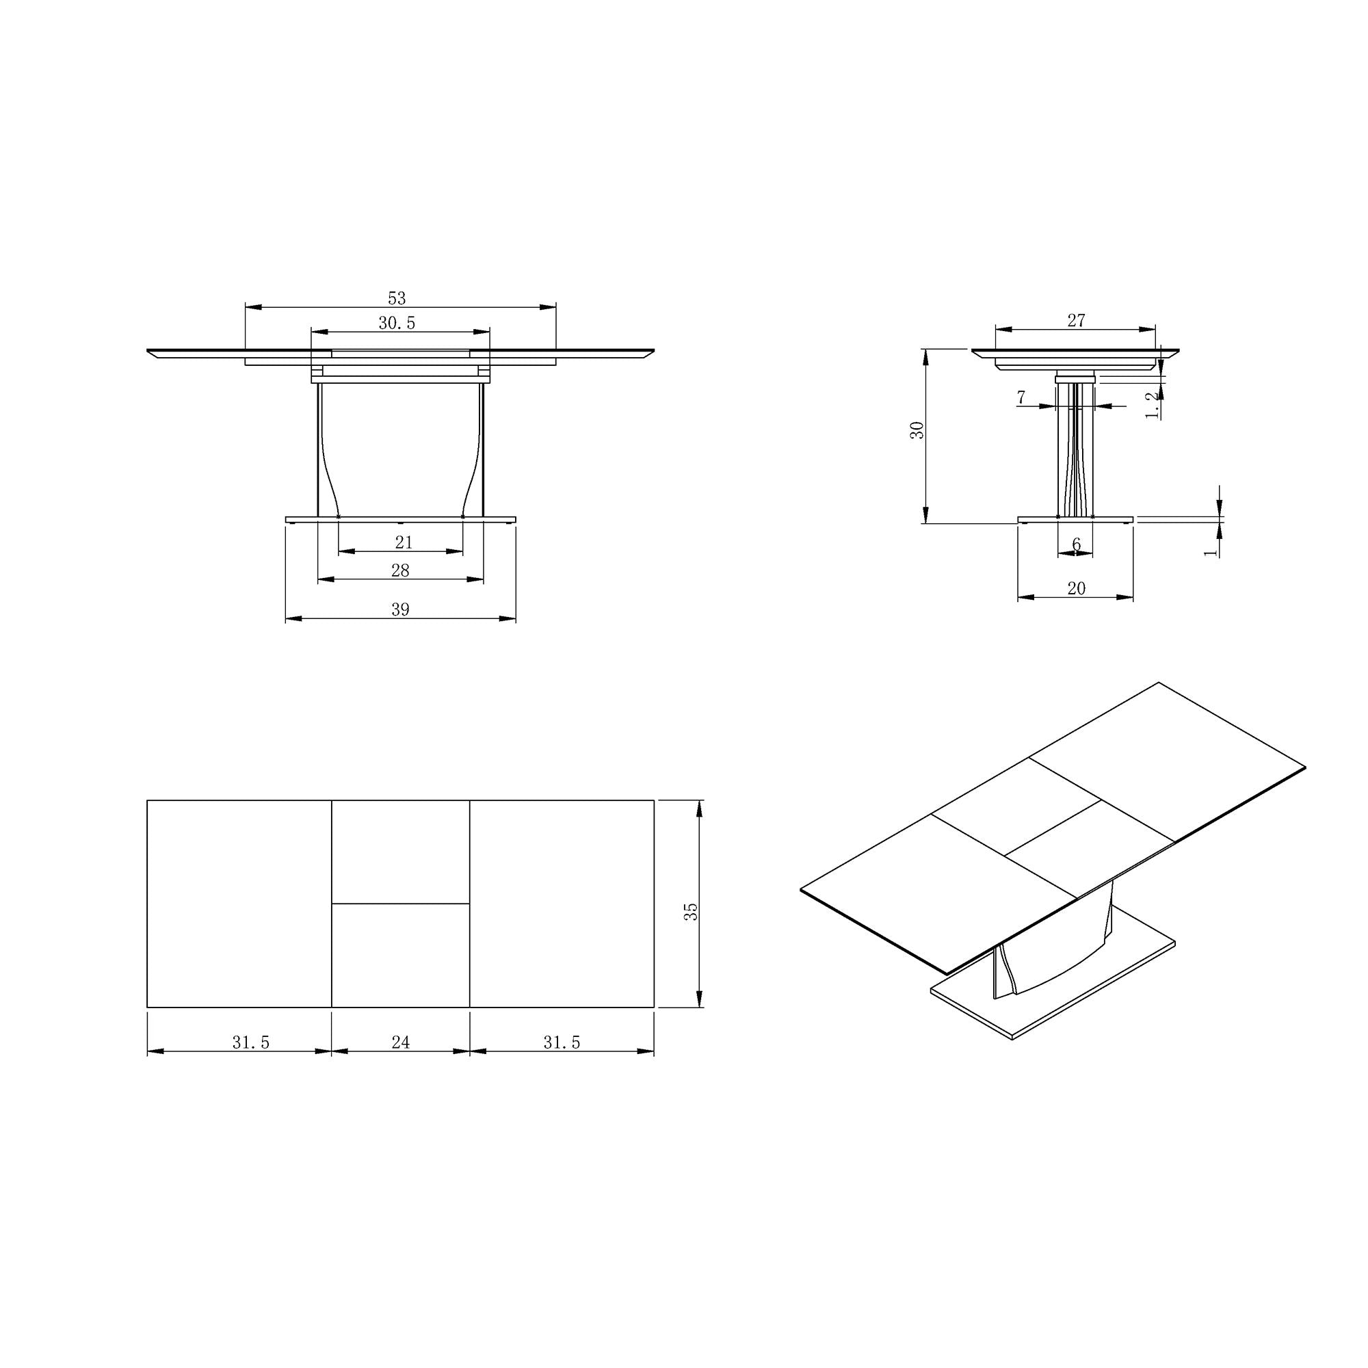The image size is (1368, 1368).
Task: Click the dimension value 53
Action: (x=397, y=298)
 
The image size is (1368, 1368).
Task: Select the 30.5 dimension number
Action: (x=397, y=324)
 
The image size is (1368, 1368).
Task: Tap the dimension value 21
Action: (x=404, y=542)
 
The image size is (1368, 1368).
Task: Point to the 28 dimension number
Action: (x=400, y=570)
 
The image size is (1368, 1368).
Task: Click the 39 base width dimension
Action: (x=400, y=609)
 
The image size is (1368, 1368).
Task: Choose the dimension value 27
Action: (x=1075, y=321)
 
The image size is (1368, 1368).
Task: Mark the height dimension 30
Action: (x=918, y=430)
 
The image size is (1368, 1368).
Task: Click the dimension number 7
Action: (x=1021, y=398)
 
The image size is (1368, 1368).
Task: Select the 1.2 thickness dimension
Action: (x=1153, y=405)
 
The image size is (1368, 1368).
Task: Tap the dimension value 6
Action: (x=1076, y=544)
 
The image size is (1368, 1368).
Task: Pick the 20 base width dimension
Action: (x=1075, y=588)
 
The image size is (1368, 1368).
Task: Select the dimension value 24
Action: (x=401, y=1042)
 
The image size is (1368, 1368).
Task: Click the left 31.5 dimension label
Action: (x=251, y=1042)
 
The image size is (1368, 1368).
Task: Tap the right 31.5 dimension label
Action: (x=562, y=1042)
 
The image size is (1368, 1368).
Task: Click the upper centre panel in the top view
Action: (x=401, y=852)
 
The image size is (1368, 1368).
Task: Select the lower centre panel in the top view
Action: (x=401, y=954)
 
